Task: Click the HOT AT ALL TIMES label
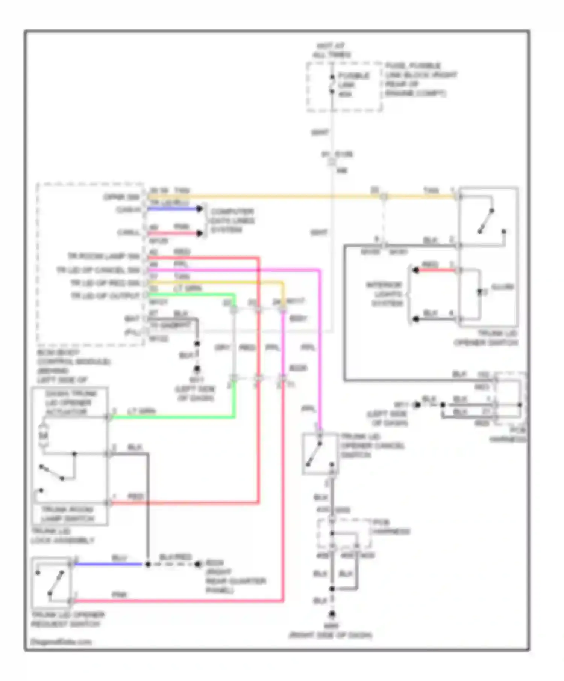click(x=331, y=50)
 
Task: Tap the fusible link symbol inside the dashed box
click(x=332, y=84)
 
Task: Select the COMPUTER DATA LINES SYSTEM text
click(x=232, y=220)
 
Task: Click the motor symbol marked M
click(x=44, y=435)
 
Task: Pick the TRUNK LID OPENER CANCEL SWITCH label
click(x=372, y=446)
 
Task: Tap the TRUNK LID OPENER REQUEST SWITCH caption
click(x=68, y=619)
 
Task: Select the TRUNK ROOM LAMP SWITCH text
click(x=68, y=514)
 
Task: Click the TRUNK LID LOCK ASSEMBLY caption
click(x=62, y=536)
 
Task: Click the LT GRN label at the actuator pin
click(x=141, y=411)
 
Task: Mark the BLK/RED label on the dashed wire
click(x=176, y=557)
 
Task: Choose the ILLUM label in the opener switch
click(x=502, y=287)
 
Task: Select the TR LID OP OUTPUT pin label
click(x=105, y=296)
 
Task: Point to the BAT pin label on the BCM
click(x=132, y=319)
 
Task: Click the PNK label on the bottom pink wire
click(x=119, y=595)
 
